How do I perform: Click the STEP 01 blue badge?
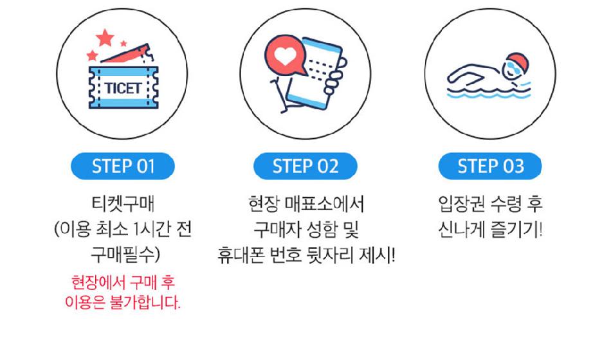click(123, 166)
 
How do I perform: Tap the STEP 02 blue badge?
click(305, 166)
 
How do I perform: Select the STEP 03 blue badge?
click(490, 166)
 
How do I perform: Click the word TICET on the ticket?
click(123, 88)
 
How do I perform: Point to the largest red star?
click(105, 38)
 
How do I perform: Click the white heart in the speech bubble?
click(285, 57)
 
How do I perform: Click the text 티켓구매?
click(123, 204)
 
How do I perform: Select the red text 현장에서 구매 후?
click(123, 282)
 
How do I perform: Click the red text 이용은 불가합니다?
click(123, 302)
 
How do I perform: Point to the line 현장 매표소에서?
click(306, 204)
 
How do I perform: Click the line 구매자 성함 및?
click(306, 230)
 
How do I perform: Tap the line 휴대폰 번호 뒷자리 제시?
click(306, 255)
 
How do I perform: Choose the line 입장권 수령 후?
click(490, 204)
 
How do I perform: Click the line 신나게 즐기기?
click(490, 230)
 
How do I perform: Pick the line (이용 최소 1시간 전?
click(123, 230)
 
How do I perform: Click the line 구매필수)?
click(125, 255)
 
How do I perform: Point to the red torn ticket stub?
click(125, 54)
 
